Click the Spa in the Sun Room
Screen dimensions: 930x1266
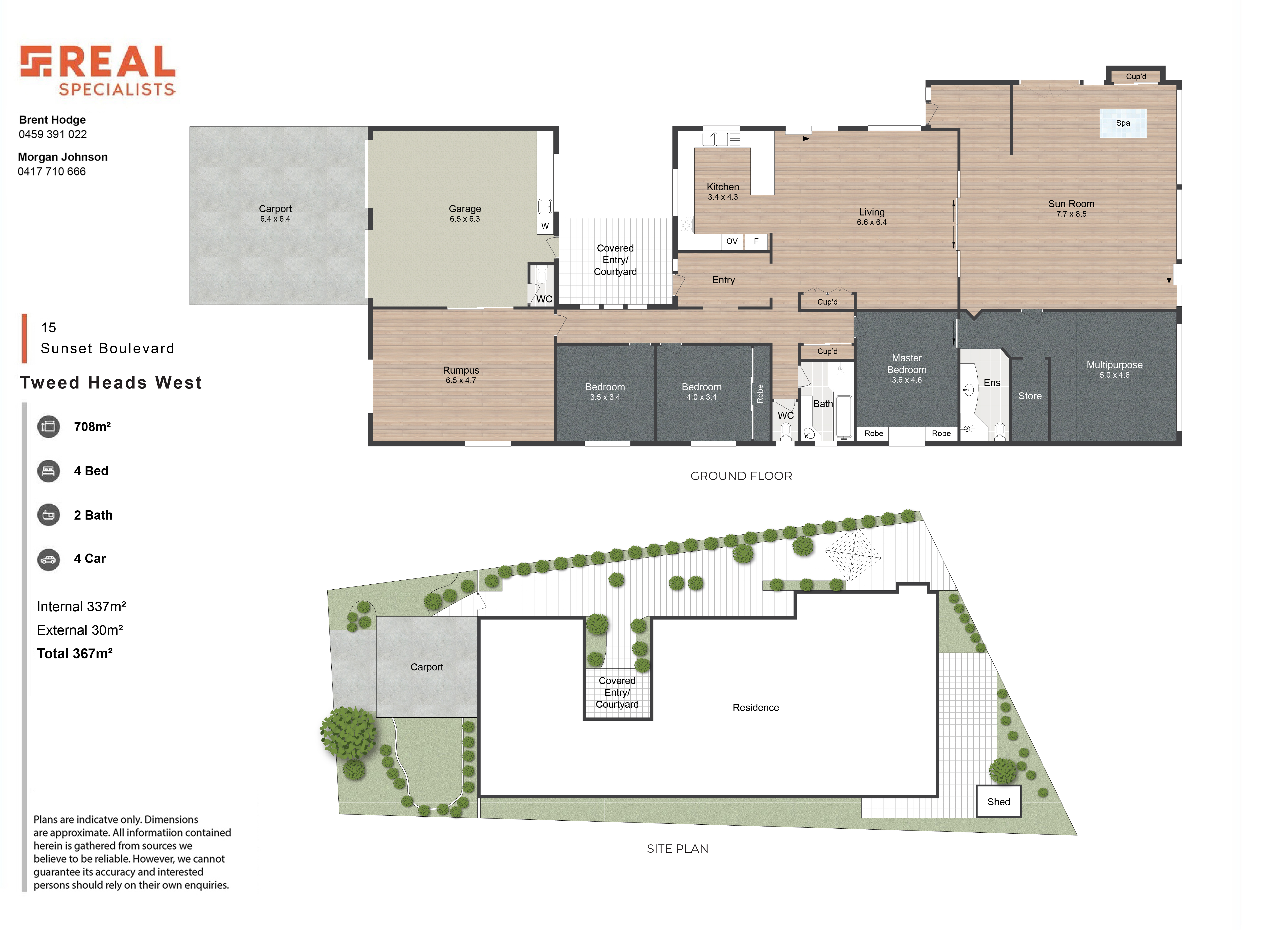pyautogui.click(x=1122, y=123)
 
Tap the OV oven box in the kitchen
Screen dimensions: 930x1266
pyautogui.click(x=732, y=241)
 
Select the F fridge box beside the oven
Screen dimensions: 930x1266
pyautogui.click(x=756, y=241)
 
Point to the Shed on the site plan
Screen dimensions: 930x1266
pyautogui.click(x=998, y=802)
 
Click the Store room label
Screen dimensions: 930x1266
pyautogui.click(x=1029, y=396)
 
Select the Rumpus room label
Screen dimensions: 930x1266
pyautogui.click(x=461, y=370)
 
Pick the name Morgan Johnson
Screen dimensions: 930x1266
pyautogui.click(x=62, y=157)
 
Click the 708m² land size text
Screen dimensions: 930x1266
pyautogui.click(x=92, y=427)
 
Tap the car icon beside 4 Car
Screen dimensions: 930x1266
pyautogui.click(x=48, y=560)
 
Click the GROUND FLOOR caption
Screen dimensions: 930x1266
pyautogui.click(x=741, y=476)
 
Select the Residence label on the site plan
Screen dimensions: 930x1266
pyautogui.click(x=755, y=708)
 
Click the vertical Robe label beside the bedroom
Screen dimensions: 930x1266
pyautogui.click(x=760, y=393)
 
